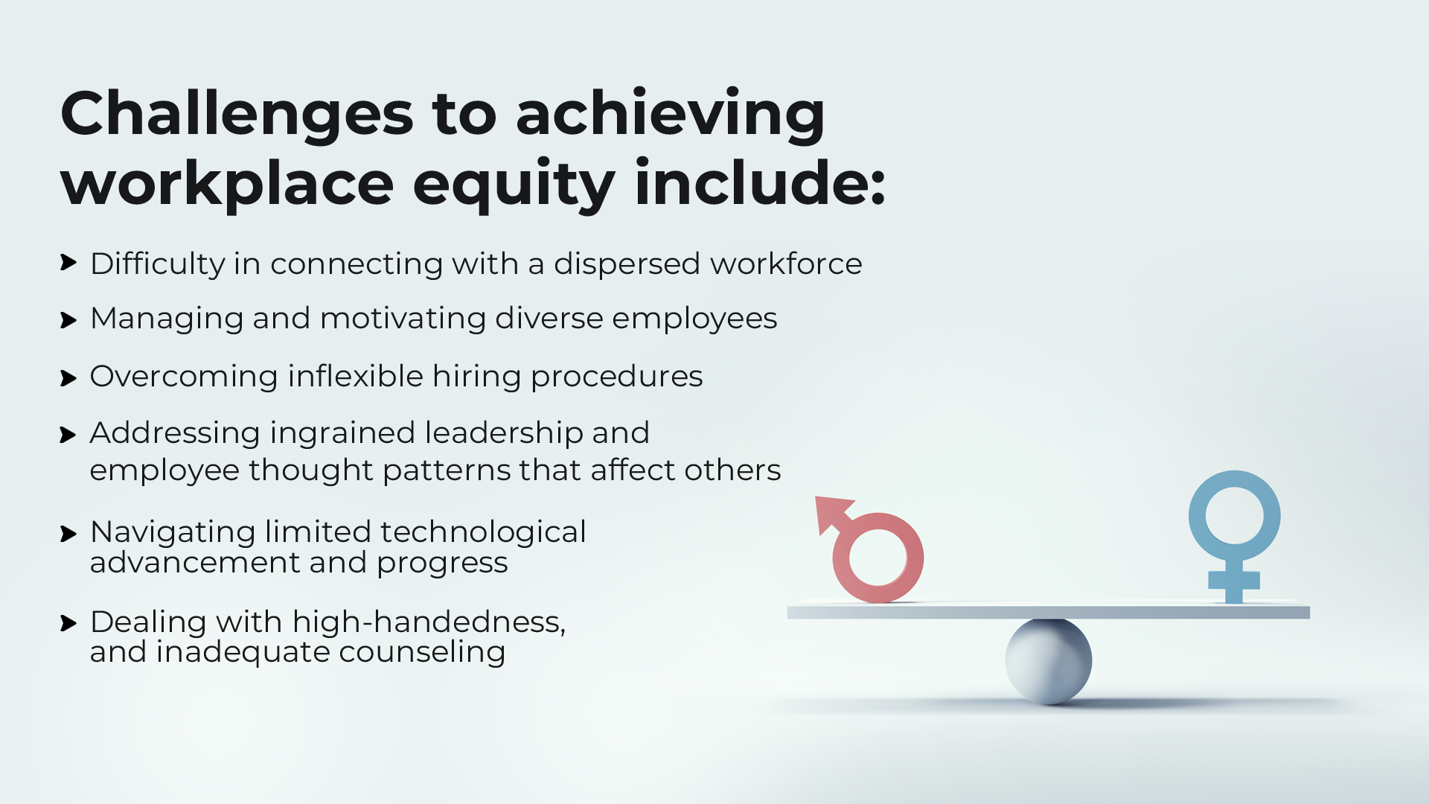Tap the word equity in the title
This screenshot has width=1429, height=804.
514,185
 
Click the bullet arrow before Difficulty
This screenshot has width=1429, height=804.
68,263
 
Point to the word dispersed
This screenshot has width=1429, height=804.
627,264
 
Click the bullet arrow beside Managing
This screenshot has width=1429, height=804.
68,321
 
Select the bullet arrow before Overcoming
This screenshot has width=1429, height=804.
68,379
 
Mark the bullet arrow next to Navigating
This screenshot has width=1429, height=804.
68,535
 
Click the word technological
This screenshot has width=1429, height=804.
483,533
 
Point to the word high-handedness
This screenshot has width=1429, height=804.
429,622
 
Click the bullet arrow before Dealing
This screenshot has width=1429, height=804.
68,624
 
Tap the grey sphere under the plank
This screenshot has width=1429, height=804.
1049,661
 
